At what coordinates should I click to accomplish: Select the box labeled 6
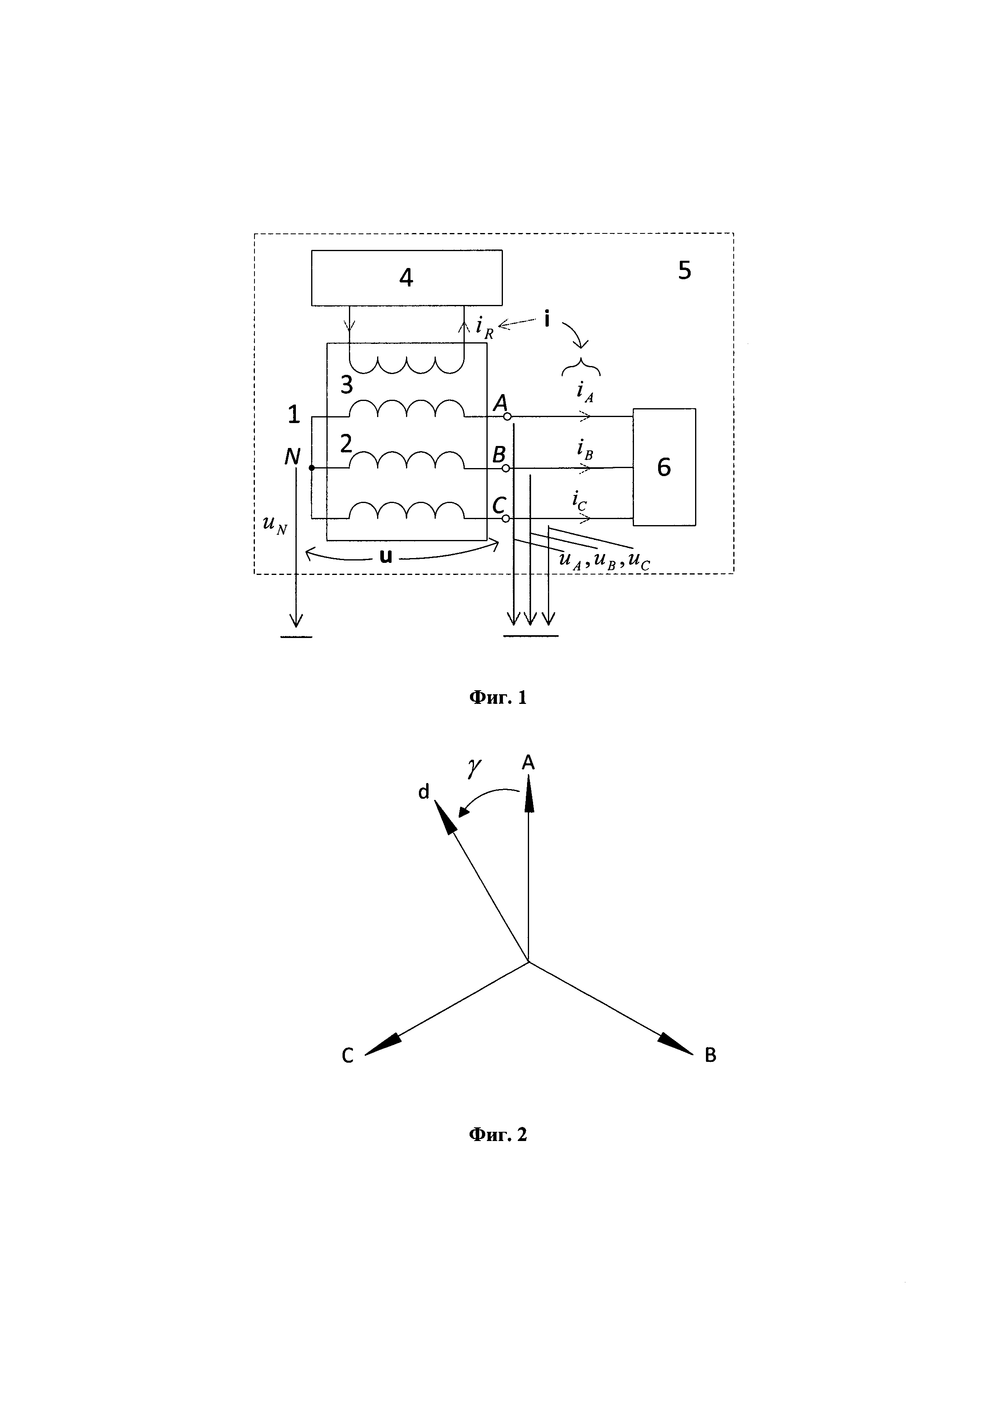coord(664,467)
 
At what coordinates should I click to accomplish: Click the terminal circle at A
coord(507,417)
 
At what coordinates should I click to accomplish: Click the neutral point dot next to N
coord(311,468)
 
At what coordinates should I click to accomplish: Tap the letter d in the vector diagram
coord(424,792)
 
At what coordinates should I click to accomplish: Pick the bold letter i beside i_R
coord(546,319)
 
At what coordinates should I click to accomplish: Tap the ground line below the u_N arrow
coord(297,637)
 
